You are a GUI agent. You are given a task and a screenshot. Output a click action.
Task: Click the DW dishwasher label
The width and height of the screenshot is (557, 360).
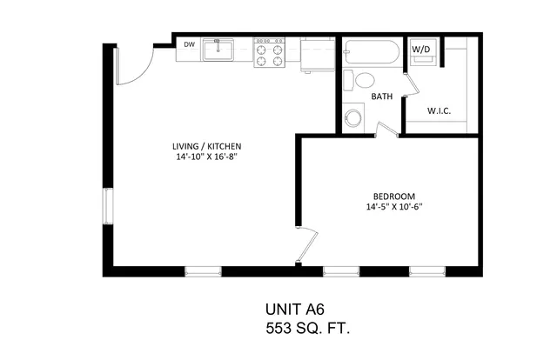pos(190,44)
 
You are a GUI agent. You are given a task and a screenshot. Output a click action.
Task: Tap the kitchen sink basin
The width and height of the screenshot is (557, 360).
pos(218,50)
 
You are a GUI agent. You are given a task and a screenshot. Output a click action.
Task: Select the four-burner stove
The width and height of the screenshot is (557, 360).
pos(269,52)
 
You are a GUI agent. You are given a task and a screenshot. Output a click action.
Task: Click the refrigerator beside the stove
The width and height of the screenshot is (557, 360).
pos(318,55)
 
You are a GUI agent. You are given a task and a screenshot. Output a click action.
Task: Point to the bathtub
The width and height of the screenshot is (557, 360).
pos(372,52)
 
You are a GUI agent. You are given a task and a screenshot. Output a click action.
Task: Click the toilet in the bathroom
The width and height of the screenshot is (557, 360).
pos(359,81)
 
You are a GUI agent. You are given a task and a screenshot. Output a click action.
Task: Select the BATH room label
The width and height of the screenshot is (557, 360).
pos(382,97)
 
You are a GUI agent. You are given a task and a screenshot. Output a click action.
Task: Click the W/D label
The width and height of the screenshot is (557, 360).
pos(421,50)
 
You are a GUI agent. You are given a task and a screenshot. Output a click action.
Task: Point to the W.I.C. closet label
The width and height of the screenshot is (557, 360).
pos(439,111)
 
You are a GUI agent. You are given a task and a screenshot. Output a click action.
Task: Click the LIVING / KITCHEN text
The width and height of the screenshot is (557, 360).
pos(207,146)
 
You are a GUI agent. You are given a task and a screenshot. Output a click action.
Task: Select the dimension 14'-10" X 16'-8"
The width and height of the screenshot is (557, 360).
pos(207,157)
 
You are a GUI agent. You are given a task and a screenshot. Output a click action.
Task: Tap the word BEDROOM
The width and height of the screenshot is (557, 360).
pos(394,197)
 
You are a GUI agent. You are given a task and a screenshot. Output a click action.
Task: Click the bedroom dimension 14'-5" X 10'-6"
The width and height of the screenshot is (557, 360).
pos(394,207)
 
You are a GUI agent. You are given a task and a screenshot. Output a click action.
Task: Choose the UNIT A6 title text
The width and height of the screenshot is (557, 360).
pos(295,310)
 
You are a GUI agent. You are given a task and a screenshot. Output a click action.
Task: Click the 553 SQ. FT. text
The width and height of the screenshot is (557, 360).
pos(308,329)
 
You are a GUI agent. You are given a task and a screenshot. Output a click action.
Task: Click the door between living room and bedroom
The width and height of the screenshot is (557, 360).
pos(307,247)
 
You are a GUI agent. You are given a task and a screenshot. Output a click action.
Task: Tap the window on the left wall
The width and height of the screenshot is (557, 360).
pos(108,206)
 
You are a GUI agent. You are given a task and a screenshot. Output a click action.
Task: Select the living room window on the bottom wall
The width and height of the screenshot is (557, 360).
pos(203,271)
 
